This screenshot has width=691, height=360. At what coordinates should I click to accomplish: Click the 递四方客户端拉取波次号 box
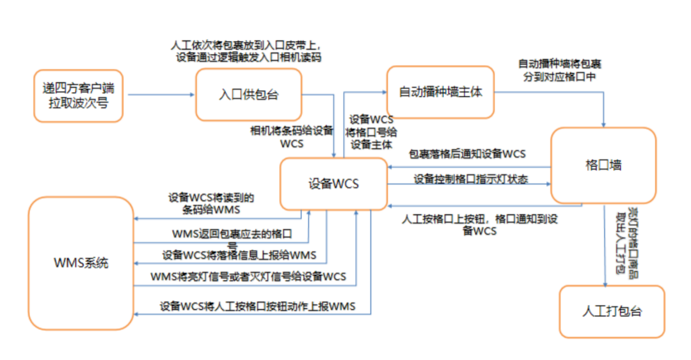[78, 95]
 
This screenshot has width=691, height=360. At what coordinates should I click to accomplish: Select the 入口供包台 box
[248, 95]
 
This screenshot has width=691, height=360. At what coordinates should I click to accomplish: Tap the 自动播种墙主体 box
[440, 91]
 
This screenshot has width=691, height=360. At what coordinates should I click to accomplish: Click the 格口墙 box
[603, 165]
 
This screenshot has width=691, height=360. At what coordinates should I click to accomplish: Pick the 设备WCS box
[333, 184]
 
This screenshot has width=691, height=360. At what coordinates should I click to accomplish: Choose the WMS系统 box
[80, 263]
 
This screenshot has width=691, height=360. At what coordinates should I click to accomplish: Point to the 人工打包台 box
[612, 311]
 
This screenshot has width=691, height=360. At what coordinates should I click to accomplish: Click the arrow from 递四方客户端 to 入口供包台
[160, 95]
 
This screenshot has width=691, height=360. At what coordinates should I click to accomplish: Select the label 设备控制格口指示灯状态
[471, 179]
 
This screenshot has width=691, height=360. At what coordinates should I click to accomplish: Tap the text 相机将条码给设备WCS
[292, 137]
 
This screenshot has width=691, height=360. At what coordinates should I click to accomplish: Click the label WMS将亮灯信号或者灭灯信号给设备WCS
[248, 276]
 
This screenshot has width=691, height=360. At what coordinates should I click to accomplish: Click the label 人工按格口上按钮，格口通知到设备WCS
[479, 224]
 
